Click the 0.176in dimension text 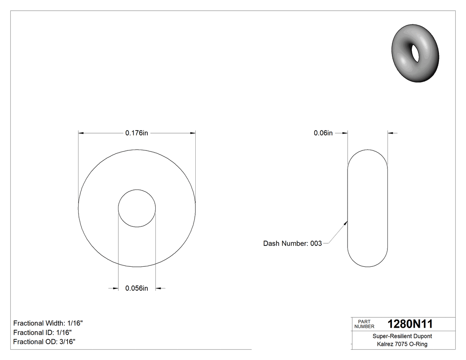click(x=137, y=133)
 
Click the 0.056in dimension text click(x=136, y=289)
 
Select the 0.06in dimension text click(x=323, y=133)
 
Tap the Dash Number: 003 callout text click(x=292, y=243)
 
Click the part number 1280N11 click(x=410, y=324)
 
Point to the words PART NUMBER click(x=364, y=324)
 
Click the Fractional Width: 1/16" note click(x=48, y=323)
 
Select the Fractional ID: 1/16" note click(x=43, y=332)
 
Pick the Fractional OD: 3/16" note click(x=44, y=342)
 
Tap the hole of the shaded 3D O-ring click(x=416, y=53)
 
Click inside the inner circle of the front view click(x=137, y=208)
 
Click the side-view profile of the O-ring click(x=367, y=209)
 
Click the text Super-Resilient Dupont click(x=402, y=336)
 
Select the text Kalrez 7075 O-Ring click(x=402, y=344)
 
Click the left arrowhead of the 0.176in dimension click(x=81, y=133)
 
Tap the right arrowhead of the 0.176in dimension click(x=193, y=133)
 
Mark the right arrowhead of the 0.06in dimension click(x=391, y=133)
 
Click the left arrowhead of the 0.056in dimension click(x=115, y=289)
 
